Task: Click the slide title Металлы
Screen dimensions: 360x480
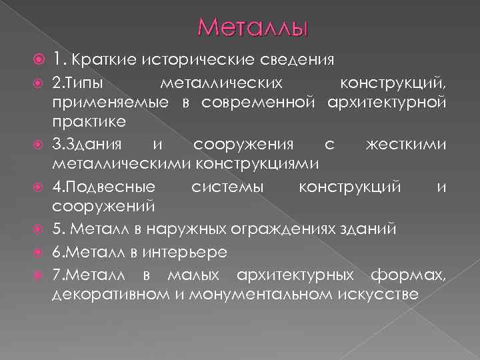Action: tap(253, 28)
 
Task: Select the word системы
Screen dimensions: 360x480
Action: tap(227, 188)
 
